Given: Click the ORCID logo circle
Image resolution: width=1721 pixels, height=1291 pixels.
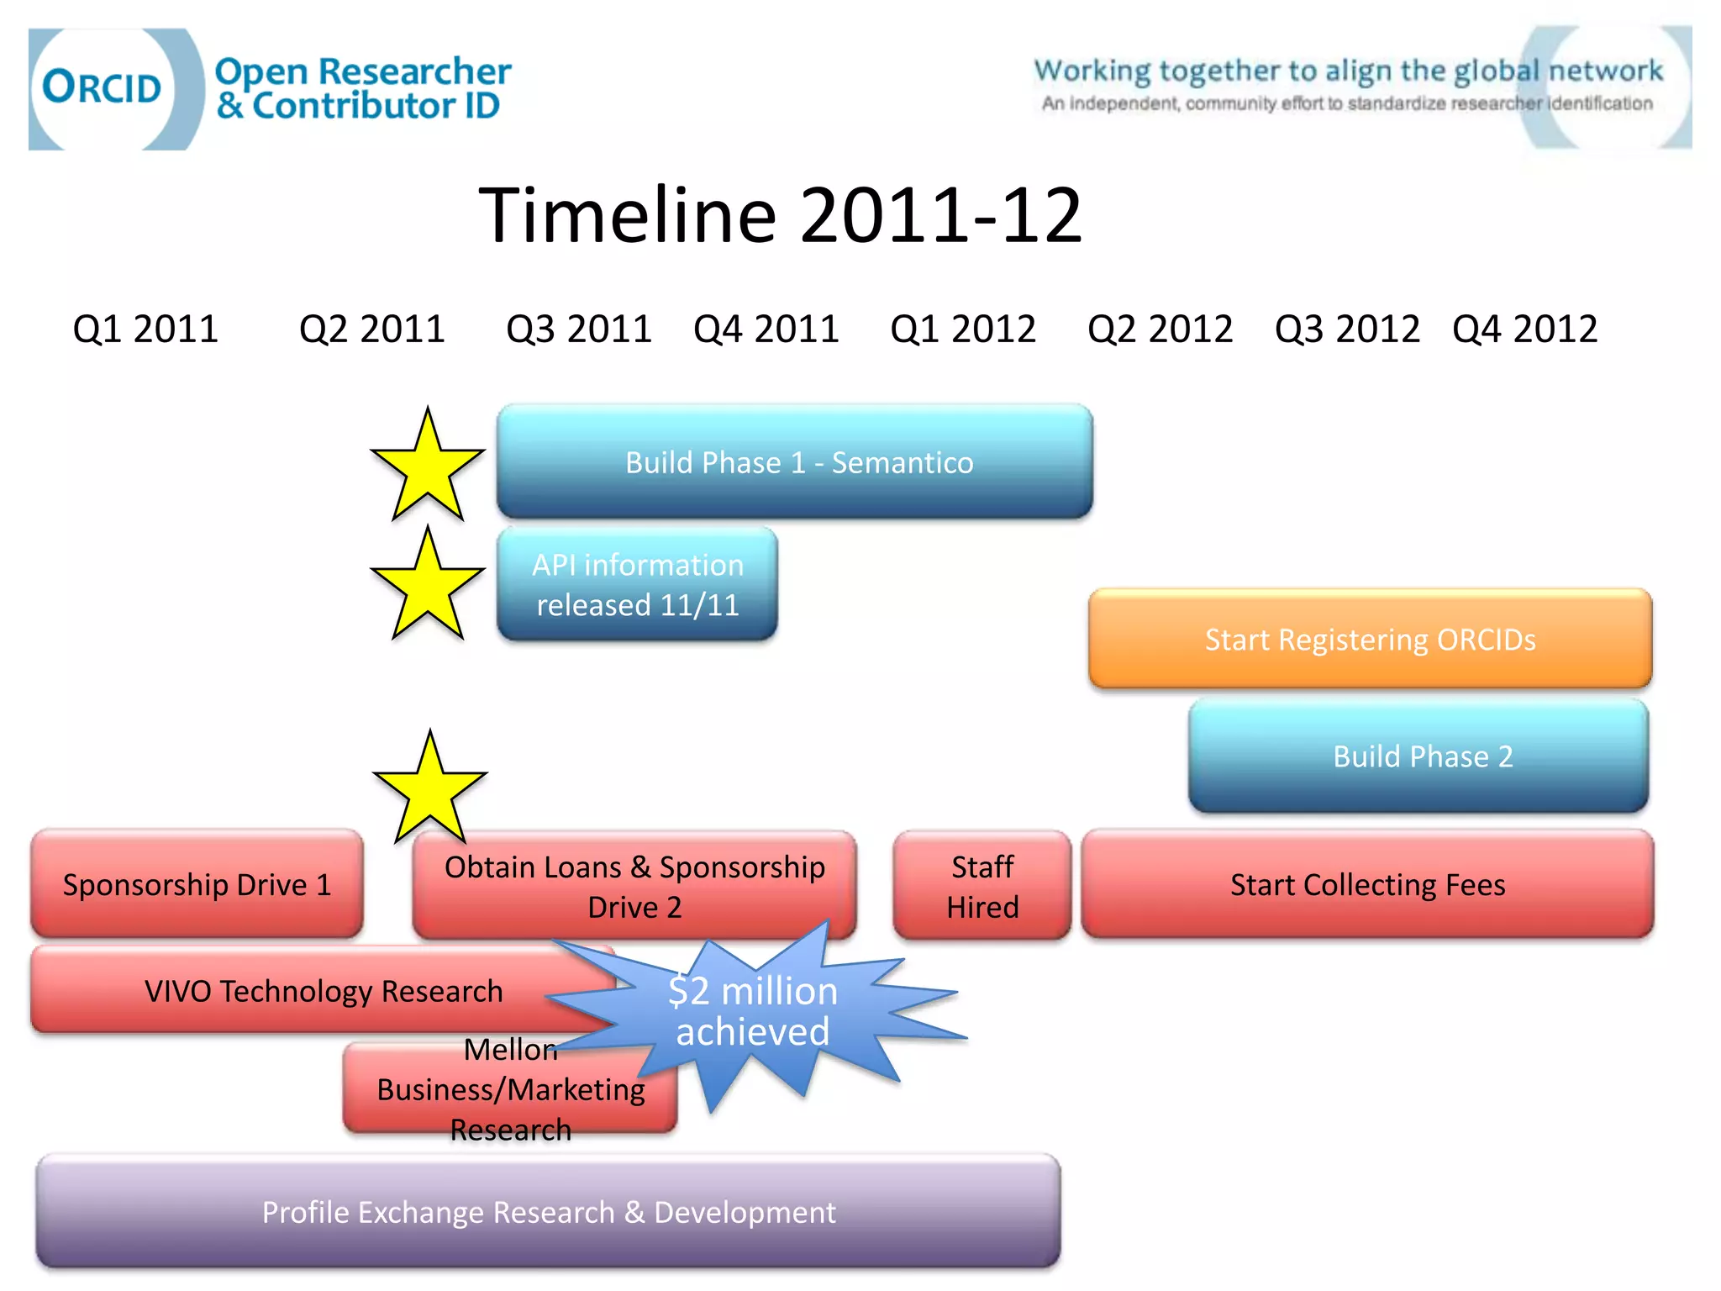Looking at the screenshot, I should click(x=103, y=87).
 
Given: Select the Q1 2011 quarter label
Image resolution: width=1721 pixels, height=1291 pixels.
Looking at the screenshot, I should click(x=145, y=329).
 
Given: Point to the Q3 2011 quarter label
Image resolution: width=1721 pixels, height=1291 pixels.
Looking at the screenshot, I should click(x=579, y=329).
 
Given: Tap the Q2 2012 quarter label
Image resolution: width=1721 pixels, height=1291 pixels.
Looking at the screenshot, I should click(x=1160, y=329).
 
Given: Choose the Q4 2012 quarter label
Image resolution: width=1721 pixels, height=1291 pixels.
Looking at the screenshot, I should click(x=1524, y=329).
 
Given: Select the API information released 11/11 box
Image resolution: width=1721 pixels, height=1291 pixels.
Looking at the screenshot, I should click(x=638, y=585).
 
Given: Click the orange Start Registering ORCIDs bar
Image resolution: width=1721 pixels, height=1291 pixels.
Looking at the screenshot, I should click(x=1370, y=640).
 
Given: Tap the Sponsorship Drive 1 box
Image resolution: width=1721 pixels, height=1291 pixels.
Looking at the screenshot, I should click(x=197, y=884).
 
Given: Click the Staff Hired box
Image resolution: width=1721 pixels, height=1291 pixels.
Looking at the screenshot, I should click(x=982, y=886).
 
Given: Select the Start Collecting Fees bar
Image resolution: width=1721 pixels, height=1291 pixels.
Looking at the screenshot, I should click(x=1367, y=884).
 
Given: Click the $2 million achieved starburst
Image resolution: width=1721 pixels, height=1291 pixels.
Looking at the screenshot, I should click(x=754, y=1011).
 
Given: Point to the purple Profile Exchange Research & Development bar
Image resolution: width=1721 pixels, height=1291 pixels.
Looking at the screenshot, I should click(x=548, y=1212).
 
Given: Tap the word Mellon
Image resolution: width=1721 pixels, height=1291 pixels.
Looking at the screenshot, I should click(x=510, y=1050).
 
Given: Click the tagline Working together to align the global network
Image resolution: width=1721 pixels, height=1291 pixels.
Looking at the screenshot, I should click(x=1347, y=71).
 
